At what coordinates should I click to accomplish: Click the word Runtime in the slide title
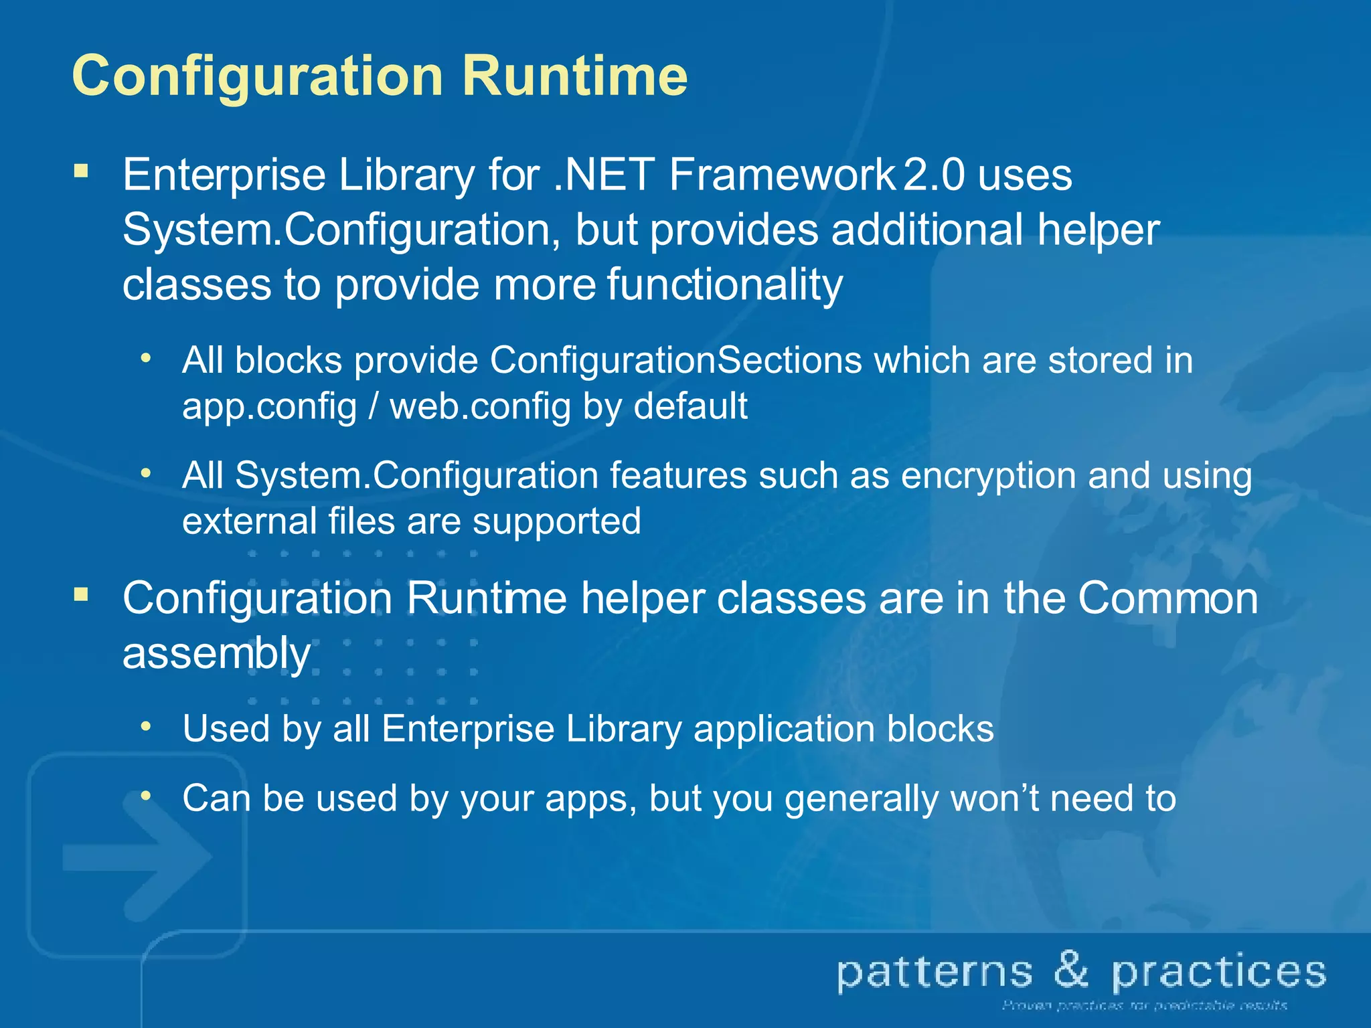574,76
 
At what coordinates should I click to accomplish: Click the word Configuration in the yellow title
258,77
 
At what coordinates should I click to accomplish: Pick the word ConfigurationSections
675,361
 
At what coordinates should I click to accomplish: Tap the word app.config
270,407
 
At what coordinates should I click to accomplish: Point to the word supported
557,523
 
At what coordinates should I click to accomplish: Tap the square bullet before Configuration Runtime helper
82,594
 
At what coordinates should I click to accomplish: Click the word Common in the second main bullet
1167,598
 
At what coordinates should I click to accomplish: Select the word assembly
216,654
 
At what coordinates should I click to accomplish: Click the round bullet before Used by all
146,726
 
